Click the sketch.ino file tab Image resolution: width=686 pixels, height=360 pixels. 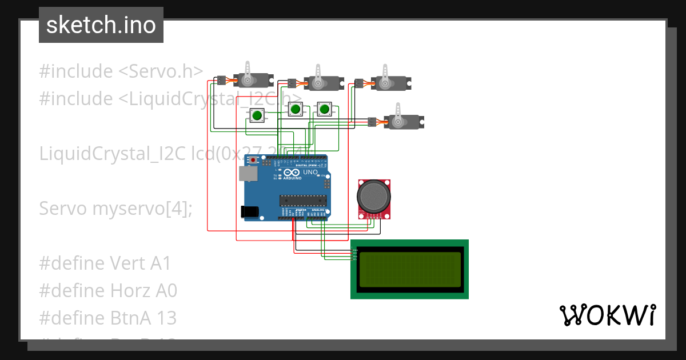click(101, 25)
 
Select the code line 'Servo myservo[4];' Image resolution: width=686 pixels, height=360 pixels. click(116, 209)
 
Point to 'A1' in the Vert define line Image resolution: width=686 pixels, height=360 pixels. click(161, 263)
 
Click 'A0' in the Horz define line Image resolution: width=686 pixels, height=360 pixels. click(166, 291)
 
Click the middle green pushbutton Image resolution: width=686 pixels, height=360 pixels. click(294, 109)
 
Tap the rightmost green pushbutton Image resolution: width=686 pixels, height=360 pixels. click(325, 109)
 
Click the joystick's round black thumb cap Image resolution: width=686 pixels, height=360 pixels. click(374, 196)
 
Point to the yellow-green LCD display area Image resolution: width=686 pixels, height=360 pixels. click(409, 269)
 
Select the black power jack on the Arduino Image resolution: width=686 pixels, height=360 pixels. click(249, 211)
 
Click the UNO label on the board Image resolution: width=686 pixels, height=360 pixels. click(310, 172)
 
